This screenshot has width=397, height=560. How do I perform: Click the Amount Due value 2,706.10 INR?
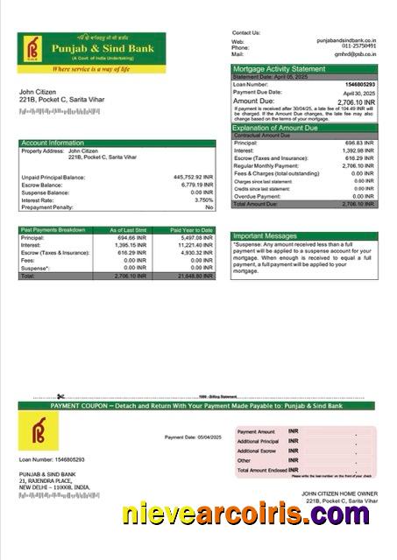click(x=353, y=101)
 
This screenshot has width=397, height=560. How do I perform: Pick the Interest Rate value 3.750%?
click(x=203, y=199)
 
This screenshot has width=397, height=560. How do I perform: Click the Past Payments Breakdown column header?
click(x=53, y=229)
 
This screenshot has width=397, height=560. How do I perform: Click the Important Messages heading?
click(x=266, y=235)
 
